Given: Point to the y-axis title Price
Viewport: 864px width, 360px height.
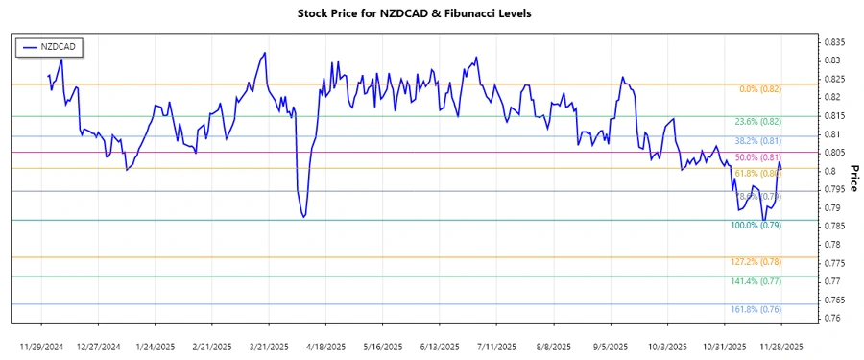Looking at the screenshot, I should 854,177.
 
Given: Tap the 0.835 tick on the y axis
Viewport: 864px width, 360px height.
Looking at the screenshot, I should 832,42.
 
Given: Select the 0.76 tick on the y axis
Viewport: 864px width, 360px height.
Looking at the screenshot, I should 830,318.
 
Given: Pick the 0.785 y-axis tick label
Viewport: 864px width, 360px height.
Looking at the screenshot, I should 832,226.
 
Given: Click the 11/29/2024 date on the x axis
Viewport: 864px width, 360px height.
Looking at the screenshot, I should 43,345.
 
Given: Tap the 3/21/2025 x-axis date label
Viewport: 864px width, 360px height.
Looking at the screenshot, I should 268,345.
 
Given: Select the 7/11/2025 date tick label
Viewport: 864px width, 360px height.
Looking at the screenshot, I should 493,345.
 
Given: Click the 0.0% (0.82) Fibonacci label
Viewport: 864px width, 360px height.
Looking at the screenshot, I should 760,89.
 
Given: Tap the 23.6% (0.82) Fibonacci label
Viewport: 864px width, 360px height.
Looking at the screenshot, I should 758,122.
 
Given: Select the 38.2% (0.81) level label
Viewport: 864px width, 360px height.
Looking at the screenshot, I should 758,141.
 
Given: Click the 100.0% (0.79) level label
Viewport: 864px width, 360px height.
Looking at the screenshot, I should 757,226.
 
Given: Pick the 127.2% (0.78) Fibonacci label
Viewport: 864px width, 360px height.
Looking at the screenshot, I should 757,262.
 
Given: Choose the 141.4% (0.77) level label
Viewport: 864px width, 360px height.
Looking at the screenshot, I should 757,281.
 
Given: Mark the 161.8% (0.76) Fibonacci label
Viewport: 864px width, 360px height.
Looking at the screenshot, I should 757,309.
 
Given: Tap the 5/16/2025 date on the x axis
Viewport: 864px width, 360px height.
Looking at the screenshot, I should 380,345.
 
